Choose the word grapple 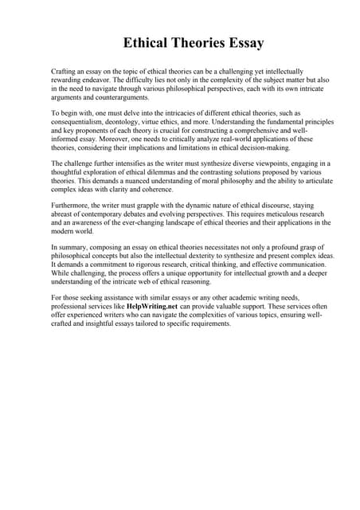coord(149,206)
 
